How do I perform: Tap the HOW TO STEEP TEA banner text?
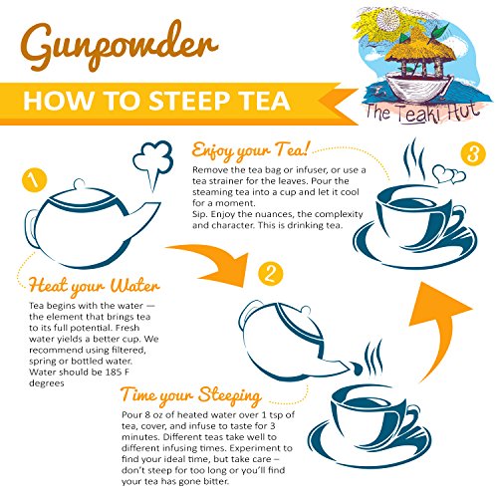[x=156, y=101]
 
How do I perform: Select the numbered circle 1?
[x=34, y=180]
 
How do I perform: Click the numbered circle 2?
[x=271, y=274]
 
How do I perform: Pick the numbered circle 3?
[x=473, y=154]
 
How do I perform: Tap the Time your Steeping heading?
[x=191, y=395]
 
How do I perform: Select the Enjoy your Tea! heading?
[x=251, y=150]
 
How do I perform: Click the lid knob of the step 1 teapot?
[x=80, y=183]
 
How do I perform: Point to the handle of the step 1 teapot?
[x=32, y=228]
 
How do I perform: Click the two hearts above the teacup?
[x=449, y=174]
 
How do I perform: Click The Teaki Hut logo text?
[x=422, y=114]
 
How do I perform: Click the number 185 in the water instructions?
[x=114, y=373]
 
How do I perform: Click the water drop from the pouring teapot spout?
[x=358, y=369]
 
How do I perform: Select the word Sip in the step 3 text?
[x=199, y=214]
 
